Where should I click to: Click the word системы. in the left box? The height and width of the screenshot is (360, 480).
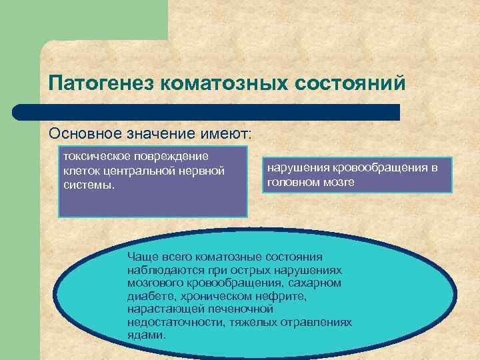tap(88, 184)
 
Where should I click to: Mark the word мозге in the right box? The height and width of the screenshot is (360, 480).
tap(339, 181)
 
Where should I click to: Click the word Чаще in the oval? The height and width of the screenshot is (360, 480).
tap(142, 257)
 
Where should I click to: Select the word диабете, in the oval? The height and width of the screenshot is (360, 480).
tap(149, 296)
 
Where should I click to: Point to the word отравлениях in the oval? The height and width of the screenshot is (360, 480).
tap(315, 322)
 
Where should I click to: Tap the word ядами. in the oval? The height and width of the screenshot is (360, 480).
tap(147, 335)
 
